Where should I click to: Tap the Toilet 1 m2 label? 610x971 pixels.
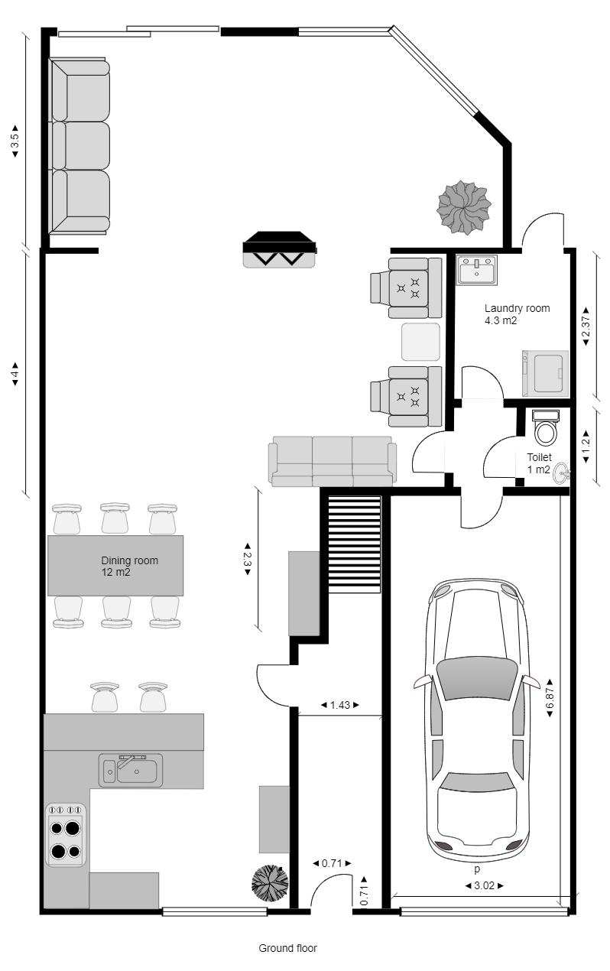coord(539,463)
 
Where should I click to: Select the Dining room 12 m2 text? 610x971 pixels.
coord(129,566)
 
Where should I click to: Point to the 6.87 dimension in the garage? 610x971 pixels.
coord(550,697)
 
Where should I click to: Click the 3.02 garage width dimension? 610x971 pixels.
coord(485,885)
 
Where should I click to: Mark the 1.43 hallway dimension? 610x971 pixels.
coord(340,705)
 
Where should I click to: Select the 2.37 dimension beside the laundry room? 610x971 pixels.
coord(586,326)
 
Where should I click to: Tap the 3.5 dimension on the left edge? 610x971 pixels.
coord(15,141)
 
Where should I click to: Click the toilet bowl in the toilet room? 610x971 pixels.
coord(545,428)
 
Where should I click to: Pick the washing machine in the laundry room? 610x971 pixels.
coord(545,373)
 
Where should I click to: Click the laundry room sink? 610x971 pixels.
coord(476,270)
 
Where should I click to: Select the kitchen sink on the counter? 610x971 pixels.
coord(131,770)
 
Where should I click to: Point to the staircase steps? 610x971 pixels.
coord(354,544)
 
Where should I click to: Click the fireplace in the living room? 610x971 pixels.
coord(280,249)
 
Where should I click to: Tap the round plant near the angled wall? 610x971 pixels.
coord(464,208)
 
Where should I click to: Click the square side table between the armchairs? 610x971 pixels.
coord(420,342)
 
